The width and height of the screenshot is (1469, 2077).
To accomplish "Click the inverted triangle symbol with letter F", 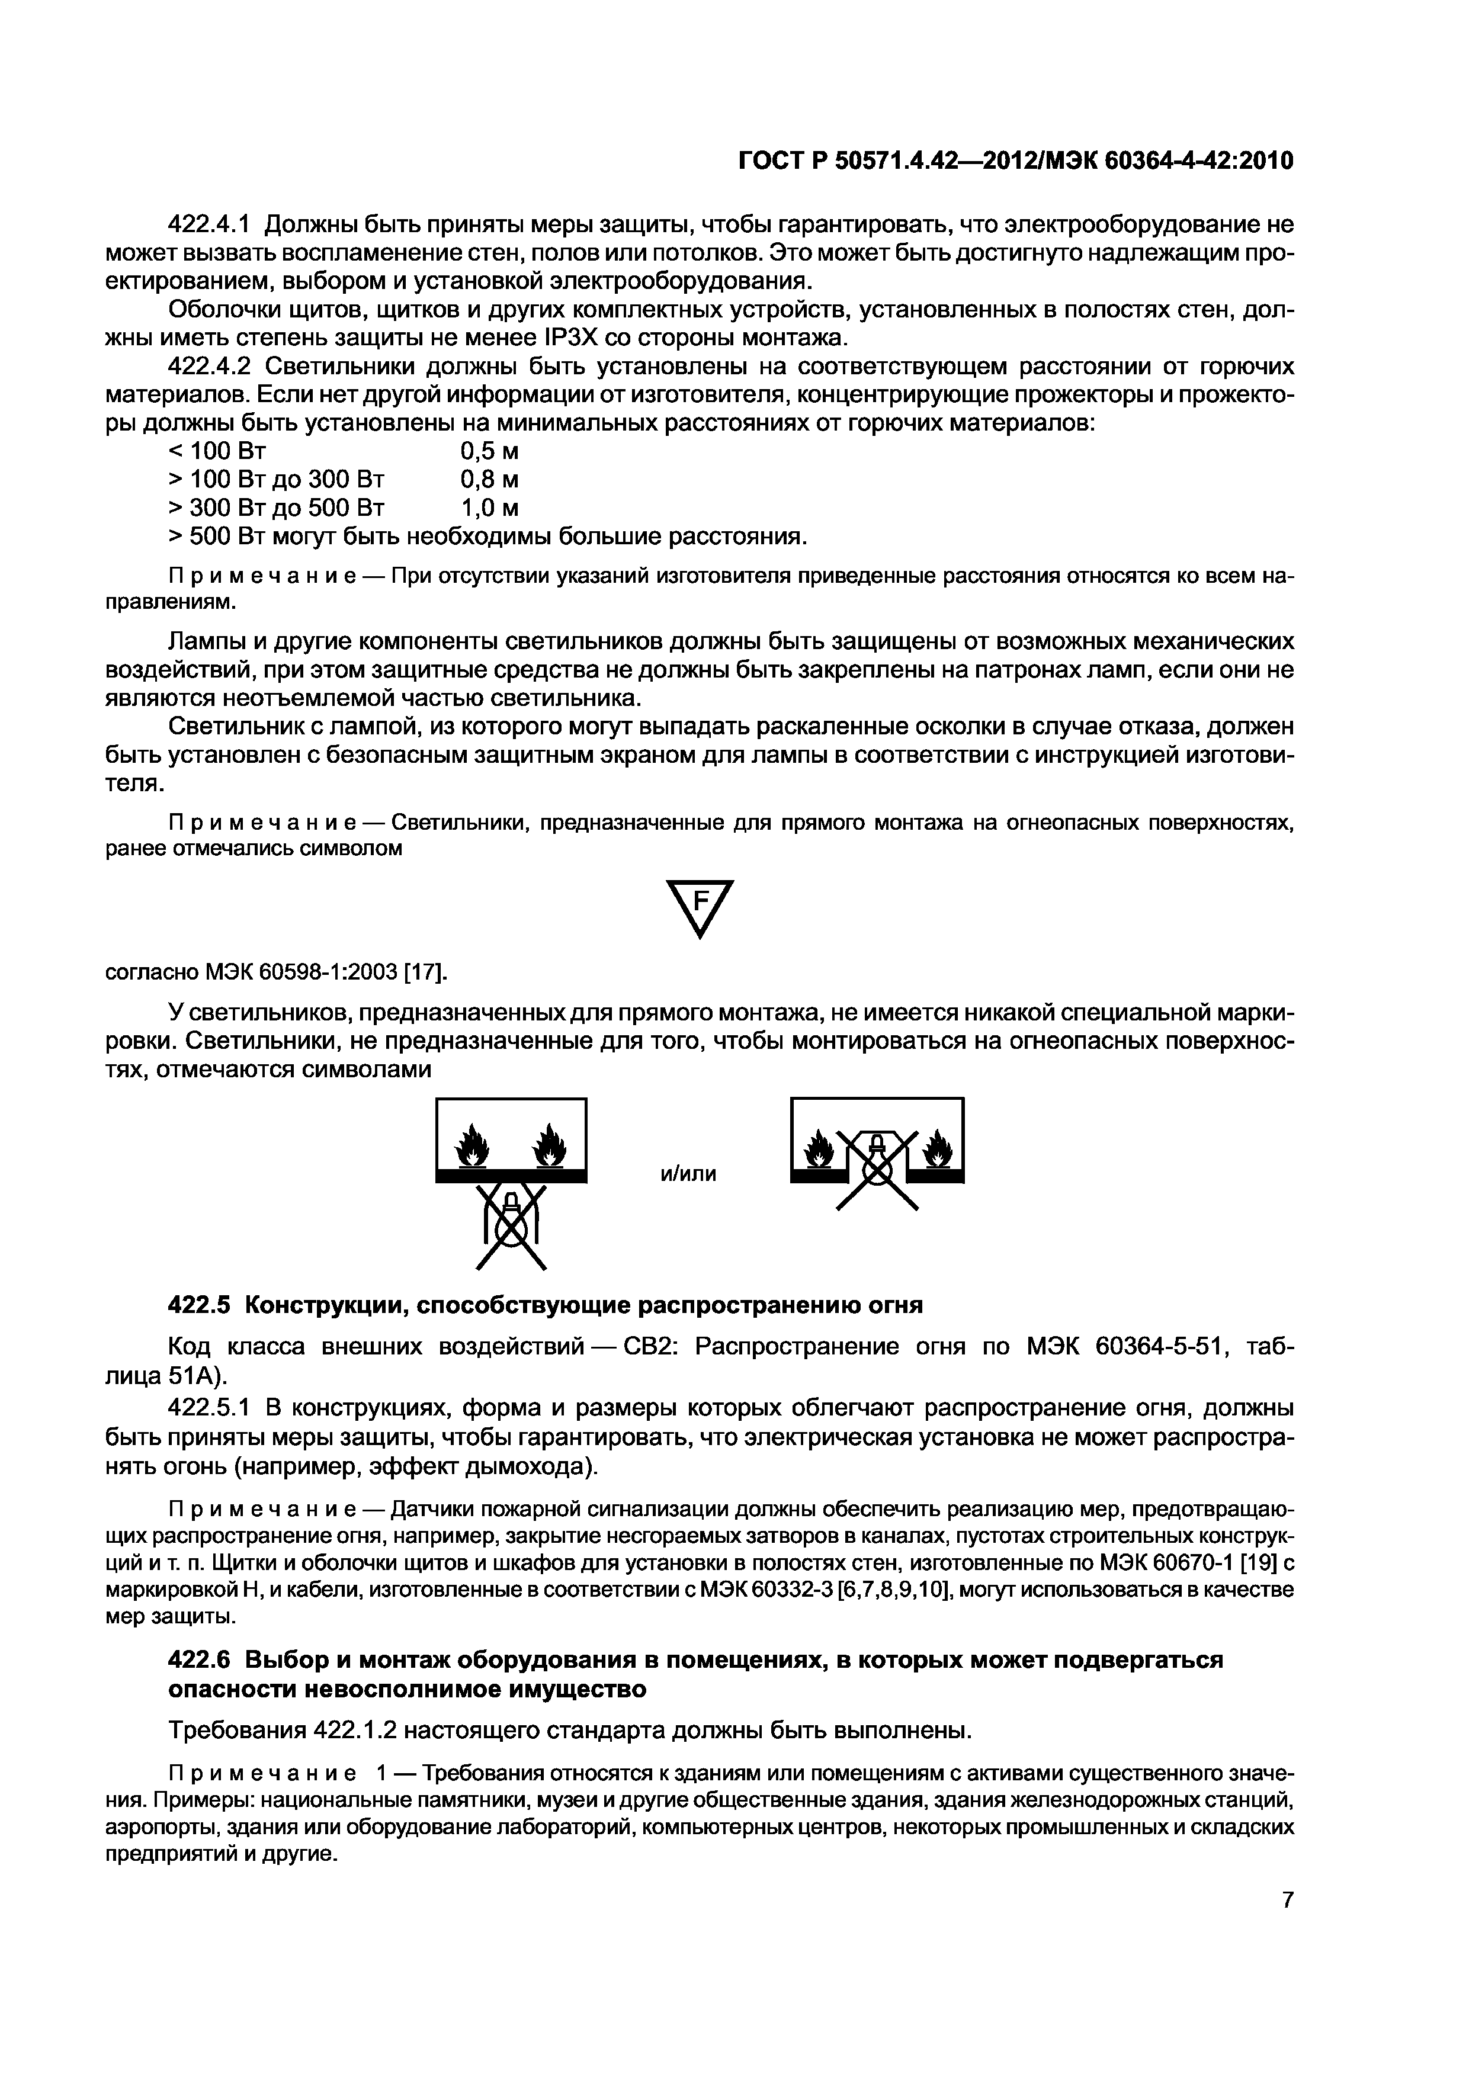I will pos(699,907).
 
